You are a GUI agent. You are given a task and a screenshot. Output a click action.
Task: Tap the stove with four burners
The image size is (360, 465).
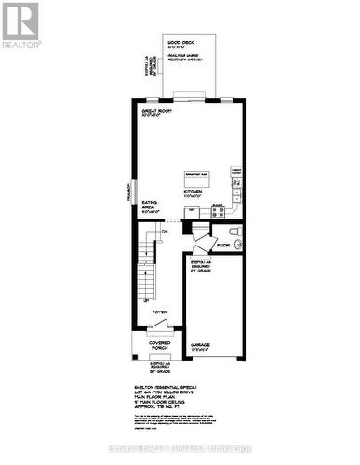click(219, 211)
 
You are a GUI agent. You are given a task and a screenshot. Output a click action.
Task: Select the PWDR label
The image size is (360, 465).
click(222, 246)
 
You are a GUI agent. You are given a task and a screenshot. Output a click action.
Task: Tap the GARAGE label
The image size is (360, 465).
click(200, 344)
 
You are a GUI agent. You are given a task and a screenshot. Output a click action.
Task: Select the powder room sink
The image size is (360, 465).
click(238, 244)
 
